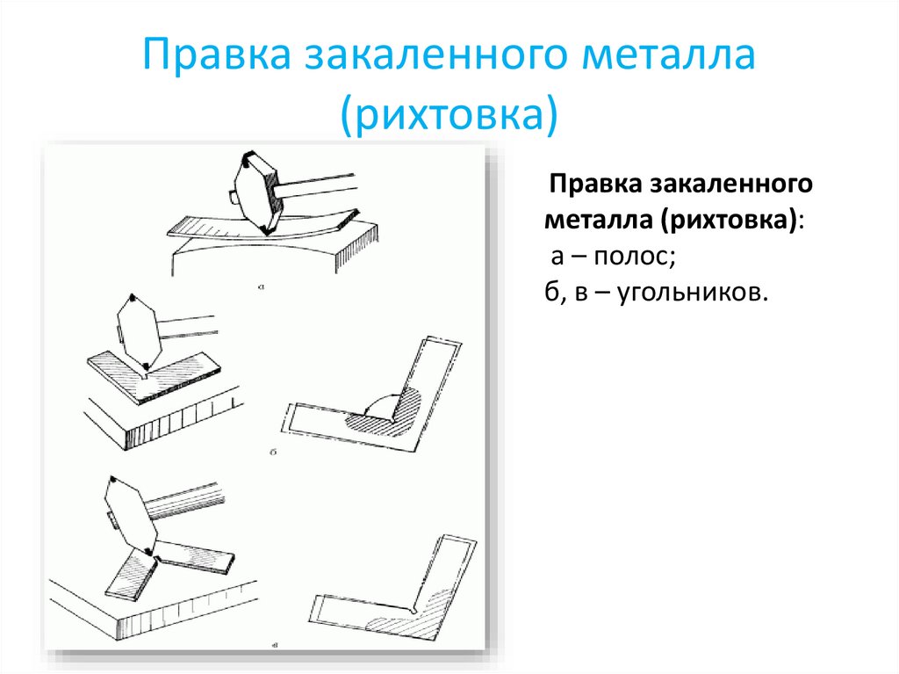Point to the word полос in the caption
630,257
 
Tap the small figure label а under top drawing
262,286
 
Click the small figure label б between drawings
274,452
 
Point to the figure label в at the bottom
276,645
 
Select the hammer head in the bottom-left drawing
129,515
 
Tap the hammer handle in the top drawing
316,183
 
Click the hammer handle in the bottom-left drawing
184,499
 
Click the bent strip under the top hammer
263,228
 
